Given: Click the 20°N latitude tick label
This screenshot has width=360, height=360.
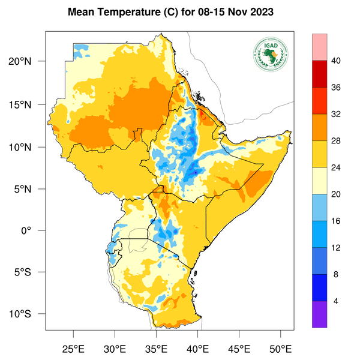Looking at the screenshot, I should [28, 61].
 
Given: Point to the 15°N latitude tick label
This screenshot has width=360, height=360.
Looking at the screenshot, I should [28, 104].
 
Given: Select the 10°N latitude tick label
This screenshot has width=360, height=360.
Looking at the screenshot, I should [28, 147].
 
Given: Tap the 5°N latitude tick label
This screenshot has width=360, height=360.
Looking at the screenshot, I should [31, 188].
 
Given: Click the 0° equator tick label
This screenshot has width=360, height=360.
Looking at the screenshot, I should [35, 230].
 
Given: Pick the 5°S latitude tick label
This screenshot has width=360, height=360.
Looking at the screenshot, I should [31, 272].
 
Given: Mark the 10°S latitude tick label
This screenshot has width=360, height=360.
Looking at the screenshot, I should [28, 314].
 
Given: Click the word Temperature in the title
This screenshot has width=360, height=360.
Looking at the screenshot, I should [131, 13].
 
